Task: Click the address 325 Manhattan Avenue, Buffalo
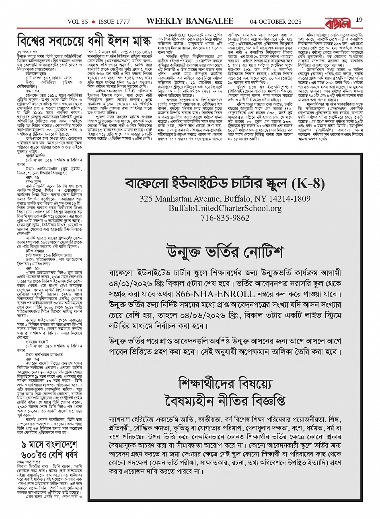tap(225, 199)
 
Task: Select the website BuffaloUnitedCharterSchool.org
tap(225, 209)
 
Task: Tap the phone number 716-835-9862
tap(225, 218)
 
